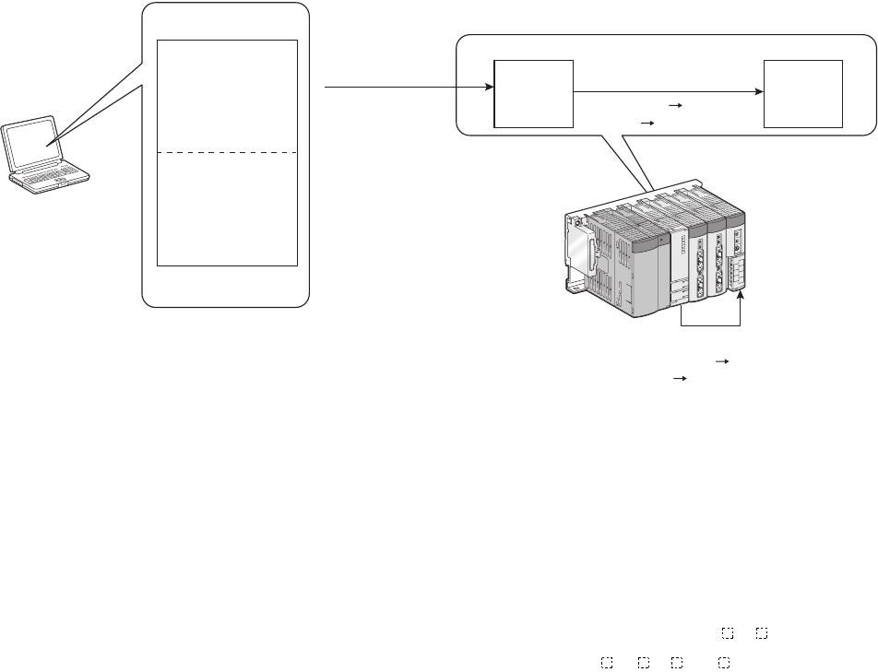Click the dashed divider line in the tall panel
228,151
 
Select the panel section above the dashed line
228,95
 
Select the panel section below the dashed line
228,208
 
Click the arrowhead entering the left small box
488,89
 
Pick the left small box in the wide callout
534,94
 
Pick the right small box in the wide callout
802,94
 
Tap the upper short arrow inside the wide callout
673,107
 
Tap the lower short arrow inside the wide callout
647,122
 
